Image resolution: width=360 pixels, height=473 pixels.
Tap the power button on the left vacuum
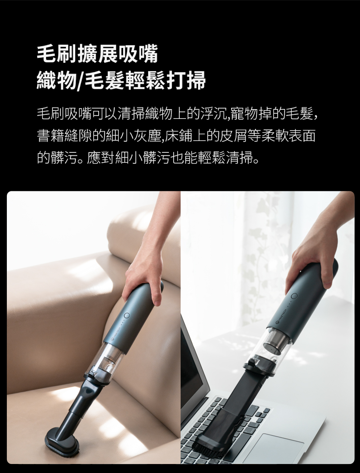pyautogui.click(x=127, y=316)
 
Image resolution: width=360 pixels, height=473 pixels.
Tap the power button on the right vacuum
pyautogui.click(x=294, y=296)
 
